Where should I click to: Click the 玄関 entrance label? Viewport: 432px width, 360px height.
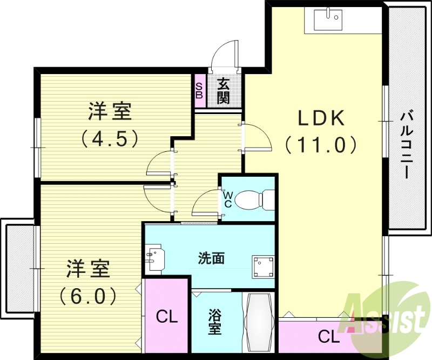(x=224, y=91)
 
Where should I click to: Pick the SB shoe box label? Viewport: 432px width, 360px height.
(x=199, y=91)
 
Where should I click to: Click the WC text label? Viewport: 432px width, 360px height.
(x=227, y=200)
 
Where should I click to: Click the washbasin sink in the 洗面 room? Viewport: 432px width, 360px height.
(x=154, y=258)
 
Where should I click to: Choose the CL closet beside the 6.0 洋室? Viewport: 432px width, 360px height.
(x=167, y=317)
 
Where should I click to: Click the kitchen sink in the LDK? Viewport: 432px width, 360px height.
(x=328, y=21)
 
